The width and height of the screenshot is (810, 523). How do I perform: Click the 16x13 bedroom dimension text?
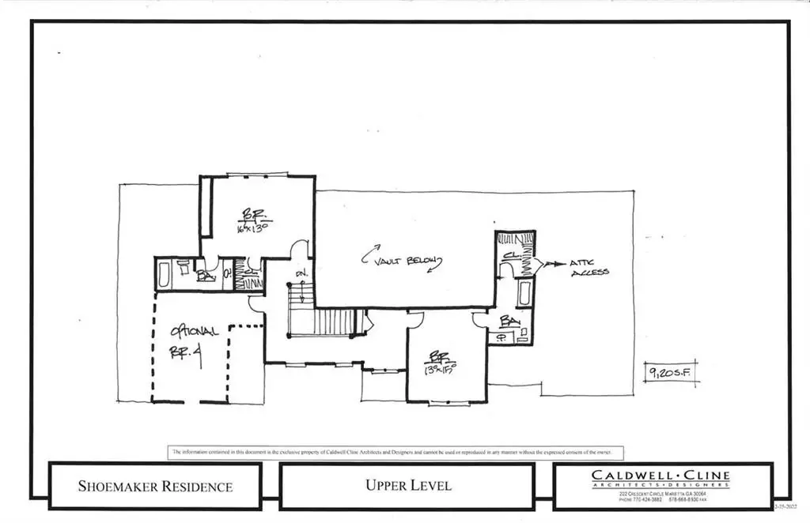click(x=254, y=229)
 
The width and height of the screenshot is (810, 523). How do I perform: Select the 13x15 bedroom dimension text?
click(x=441, y=368)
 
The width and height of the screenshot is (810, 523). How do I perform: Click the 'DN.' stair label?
click(x=301, y=273)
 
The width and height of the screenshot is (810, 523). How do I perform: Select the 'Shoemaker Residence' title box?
click(x=155, y=486)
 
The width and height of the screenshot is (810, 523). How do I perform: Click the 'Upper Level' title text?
click(x=407, y=485)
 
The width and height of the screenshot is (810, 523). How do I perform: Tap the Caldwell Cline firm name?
click(x=660, y=476)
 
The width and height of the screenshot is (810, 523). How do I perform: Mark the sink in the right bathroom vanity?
click(x=501, y=338)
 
